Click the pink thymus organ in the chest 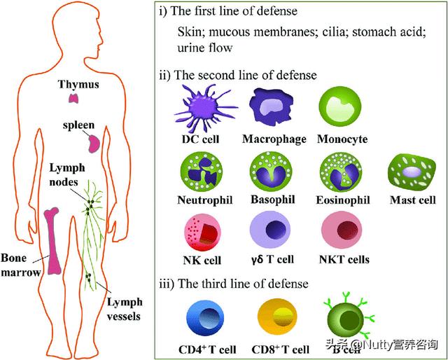pyautogui.click(x=74, y=98)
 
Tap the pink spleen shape pyautogui.click(x=93, y=144)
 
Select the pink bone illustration pyautogui.click(x=52, y=241)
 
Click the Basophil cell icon pyautogui.click(x=271, y=171)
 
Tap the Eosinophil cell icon pyautogui.click(x=341, y=172)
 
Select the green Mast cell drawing pyautogui.click(x=412, y=172)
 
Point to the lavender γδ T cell pyautogui.click(x=270, y=230)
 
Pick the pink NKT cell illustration pyautogui.click(x=342, y=230)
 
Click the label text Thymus pyautogui.click(x=78, y=85)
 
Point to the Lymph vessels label pyautogui.click(x=125, y=310)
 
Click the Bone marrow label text pyautogui.click(x=20, y=265)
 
